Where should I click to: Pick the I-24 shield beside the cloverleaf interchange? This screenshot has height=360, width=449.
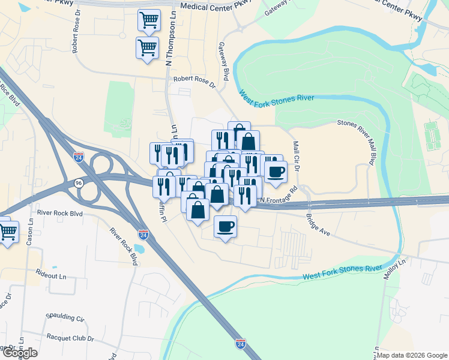coord(79,157)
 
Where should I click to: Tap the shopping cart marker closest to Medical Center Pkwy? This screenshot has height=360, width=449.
coord(149,19)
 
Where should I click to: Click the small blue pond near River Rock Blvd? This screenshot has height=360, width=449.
coord(140,248)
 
